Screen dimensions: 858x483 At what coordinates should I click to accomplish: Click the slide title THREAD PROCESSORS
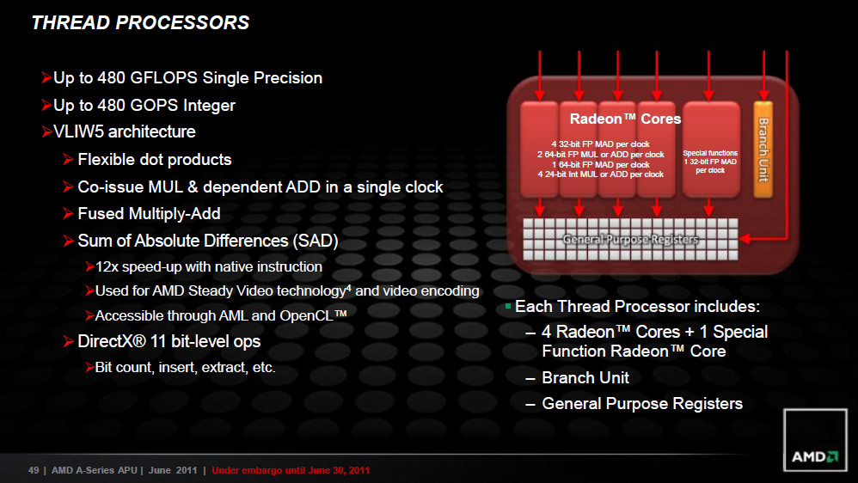click(140, 22)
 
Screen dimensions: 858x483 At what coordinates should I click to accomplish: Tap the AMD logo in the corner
click(815, 440)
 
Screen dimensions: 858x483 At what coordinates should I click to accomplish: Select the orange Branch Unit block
click(763, 150)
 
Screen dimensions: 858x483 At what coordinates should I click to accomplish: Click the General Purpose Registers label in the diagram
click(630, 240)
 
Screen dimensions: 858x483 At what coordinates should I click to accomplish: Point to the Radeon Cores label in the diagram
click(625, 119)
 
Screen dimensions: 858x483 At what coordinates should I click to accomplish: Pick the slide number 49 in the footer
click(34, 470)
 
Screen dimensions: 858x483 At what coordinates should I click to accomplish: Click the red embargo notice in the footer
click(291, 470)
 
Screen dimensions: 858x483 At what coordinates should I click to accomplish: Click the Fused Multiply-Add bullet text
click(149, 213)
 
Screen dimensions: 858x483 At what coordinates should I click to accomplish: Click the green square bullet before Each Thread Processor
click(508, 306)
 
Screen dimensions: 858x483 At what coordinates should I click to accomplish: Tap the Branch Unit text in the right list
click(585, 377)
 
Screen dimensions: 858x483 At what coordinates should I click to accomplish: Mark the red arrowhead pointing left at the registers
click(745, 239)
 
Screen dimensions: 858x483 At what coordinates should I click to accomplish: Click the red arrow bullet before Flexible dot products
click(69, 159)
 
